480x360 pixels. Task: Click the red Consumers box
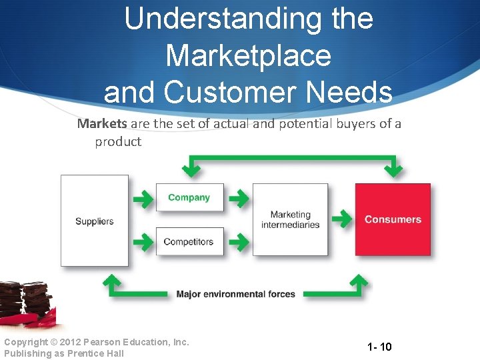[x=393, y=219]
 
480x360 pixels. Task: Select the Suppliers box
[x=94, y=221]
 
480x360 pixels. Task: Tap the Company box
[x=189, y=197]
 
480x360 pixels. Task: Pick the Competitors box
[x=189, y=241]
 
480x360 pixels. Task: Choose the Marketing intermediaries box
[x=290, y=219]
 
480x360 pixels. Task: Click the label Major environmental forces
[x=235, y=294]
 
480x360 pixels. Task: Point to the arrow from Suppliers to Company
[x=142, y=198]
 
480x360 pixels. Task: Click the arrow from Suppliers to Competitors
[x=142, y=241]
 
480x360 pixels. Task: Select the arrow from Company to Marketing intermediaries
[x=238, y=198]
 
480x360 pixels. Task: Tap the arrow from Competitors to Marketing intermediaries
[x=238, y=241]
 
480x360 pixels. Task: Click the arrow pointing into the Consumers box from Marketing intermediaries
[x=341, y=218]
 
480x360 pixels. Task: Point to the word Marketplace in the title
[x=248, y=55]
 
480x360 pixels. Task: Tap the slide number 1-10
[x=379, y=347]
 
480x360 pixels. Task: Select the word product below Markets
[x=118, y=141]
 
